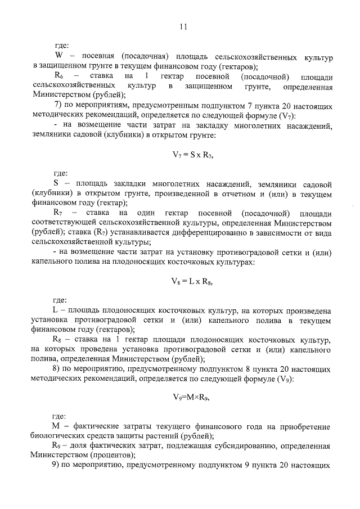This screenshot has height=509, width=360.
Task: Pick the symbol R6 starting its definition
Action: click(x=58, y=76)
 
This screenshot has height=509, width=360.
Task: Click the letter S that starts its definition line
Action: click(x=56, y=183)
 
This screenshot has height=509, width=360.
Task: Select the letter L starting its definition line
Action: click(x=56, y=311)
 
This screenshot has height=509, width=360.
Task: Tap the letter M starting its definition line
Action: click(x=57, y=426)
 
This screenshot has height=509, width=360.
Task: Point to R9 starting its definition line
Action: click(x=58, y=445)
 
